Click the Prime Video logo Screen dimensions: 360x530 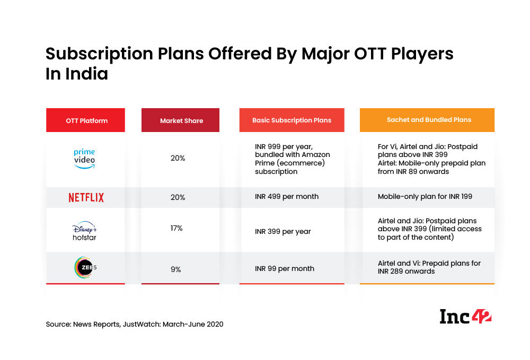[x=84, y=159]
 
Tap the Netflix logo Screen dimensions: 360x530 [x=86, y=197]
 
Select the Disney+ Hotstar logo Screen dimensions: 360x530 [x=85, y=232]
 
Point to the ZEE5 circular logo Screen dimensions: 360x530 [x=85, y=268]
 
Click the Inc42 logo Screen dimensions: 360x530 [x=465, y=316]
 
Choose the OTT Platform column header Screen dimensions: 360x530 [x=86, y=120]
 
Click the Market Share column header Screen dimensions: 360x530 [x=181, y=120]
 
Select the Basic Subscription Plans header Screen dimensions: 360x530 [x=291, y=120]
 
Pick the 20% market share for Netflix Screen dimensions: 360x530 [x=178, y=197]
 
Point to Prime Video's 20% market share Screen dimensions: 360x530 [x=178, y=158]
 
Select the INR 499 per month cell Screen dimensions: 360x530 [x=287, y=197]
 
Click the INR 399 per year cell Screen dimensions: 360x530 [x=283, y=232]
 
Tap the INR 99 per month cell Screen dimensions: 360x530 [x=285, y=269]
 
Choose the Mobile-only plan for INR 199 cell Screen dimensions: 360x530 [x=425, y=197]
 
